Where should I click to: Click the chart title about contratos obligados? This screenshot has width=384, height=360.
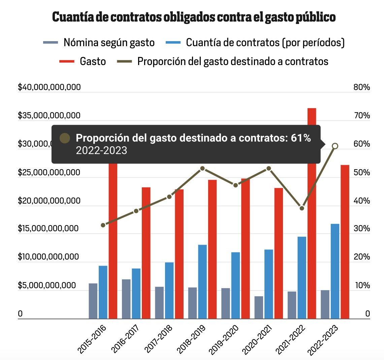coord(194,17)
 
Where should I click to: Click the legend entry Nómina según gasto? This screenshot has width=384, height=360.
coord(109,43)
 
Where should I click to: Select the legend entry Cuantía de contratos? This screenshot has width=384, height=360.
coord(265,43)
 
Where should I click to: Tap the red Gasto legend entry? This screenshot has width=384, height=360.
coord(93,61)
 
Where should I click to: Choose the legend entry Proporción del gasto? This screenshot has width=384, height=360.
coord(232,61)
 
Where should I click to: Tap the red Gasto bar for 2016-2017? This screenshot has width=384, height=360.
coord(146,253)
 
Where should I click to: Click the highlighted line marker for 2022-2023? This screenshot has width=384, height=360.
coord(335,146)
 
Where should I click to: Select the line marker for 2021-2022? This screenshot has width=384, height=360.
coord(302,208)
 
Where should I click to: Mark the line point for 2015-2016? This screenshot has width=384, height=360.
coord(103,225)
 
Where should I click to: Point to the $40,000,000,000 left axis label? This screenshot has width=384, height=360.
coord(49,87)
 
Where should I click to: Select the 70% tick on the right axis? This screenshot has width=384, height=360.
coord(362,116)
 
